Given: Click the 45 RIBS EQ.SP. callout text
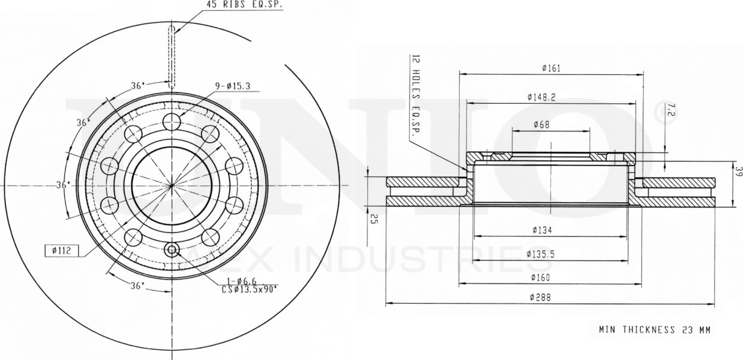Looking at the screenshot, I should click(x=245, y=4).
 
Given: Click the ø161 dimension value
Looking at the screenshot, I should click(x=550, y=68).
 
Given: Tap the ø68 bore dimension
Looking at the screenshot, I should click(x=541, y=125).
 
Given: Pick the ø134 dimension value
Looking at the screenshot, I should click(x=541, y=230).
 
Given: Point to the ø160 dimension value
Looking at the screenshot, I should click(x=541, y=277).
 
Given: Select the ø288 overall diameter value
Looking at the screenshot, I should click(x=541, y=297).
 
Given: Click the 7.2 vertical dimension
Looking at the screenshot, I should click(x=671, y=110).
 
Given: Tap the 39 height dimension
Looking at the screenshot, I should click(x=738, y=173).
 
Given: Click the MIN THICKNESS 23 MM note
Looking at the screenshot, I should click(x=655, y=330).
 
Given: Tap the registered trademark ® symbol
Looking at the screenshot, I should click(x=667, y=113).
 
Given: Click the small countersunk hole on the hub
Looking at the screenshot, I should click(x=172, y=250).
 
